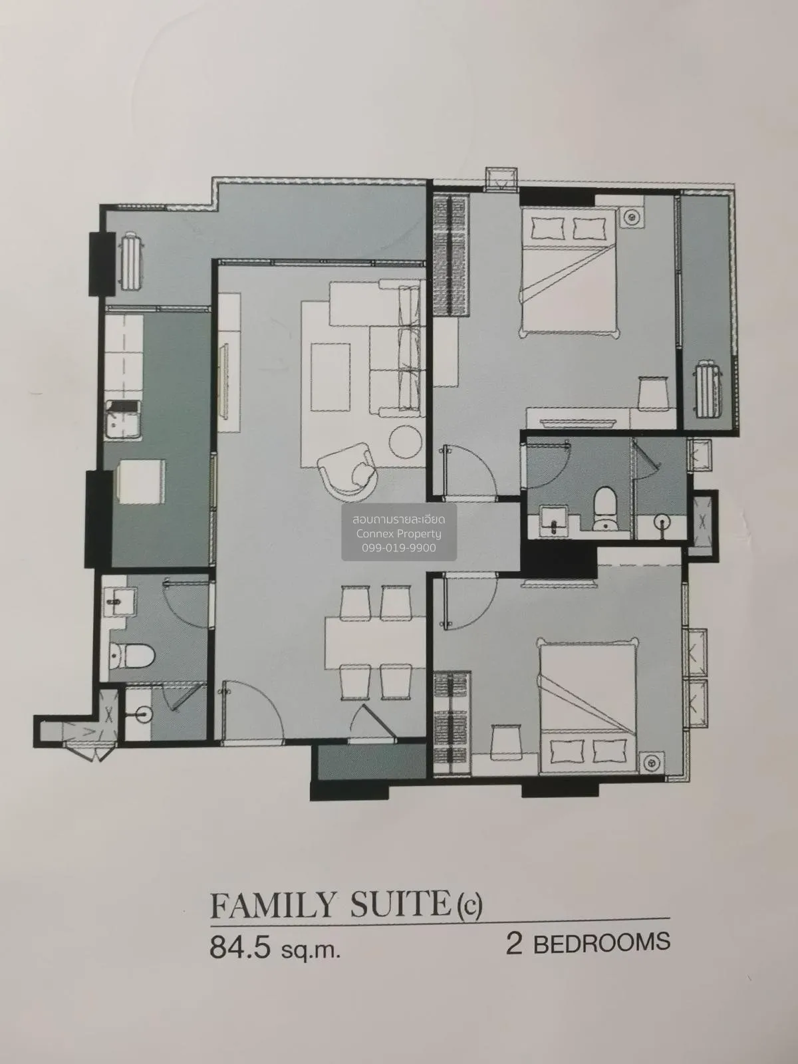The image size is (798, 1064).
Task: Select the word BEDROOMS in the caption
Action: (x=601, y=943)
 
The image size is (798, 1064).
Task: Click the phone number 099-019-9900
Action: (x=399, y=547)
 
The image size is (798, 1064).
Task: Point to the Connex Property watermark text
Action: (x=399, y=533)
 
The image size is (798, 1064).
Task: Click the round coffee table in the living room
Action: (x=404, y=441)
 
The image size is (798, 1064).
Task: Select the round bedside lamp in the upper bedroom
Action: (x=630, y=215)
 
